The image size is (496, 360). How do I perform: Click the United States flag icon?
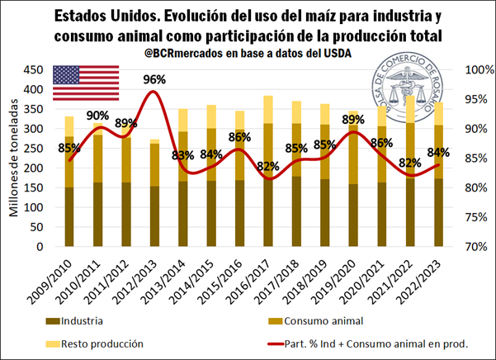[87, 82]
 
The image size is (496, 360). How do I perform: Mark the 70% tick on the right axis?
[479, 247]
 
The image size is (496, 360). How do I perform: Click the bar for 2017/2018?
[295, 173]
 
